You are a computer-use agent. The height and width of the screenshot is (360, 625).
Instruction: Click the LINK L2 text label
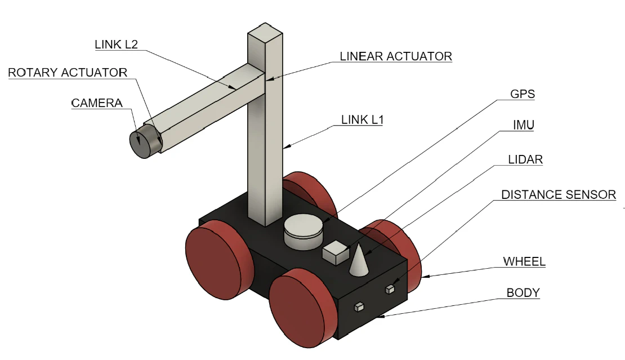pos(117,45)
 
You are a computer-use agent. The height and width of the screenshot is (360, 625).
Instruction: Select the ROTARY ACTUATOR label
pos(68,73)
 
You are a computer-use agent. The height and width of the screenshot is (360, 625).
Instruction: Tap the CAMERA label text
pos(97,103)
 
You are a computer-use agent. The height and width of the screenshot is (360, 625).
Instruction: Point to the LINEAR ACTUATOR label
pos(396,56)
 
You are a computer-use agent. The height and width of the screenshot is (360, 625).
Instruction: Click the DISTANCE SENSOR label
pos(559,195)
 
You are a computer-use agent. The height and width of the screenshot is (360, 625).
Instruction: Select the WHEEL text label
pos(524,261)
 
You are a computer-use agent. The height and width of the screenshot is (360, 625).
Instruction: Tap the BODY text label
pos(523,293)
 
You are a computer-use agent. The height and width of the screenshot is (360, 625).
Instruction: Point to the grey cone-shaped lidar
pos(359,260)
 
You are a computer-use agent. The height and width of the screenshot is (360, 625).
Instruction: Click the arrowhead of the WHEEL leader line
pos(423,276)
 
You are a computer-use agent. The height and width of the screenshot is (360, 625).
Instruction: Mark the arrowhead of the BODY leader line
pos(381,318)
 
